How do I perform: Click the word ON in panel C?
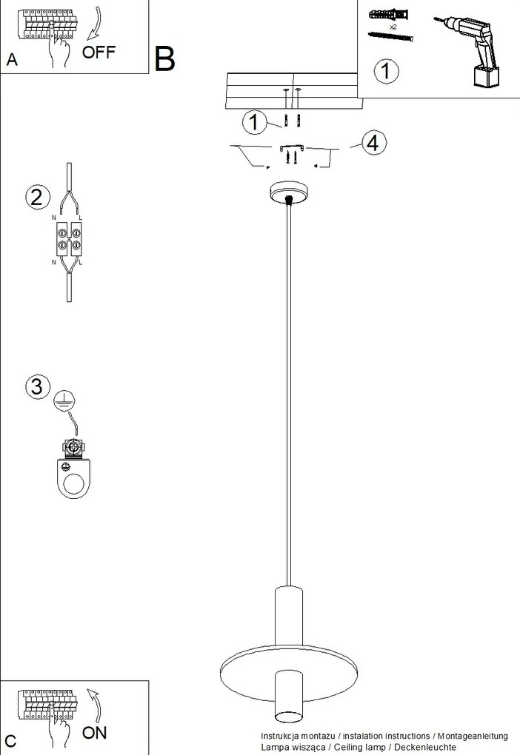(x=94, y=733)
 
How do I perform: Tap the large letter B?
(x=165, y=58)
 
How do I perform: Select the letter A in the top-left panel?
(x=11, y=61)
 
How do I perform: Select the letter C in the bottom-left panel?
(x=10, y=741)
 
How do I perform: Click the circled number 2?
(x=37, y=198)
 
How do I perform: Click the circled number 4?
(x=373, y=143)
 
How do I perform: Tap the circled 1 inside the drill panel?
(x=386, y=72)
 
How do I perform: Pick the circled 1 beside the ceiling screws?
(x=255, y=122)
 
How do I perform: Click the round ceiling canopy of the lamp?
(x=287, y=193)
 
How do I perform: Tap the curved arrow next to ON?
(x=93, y=704)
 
